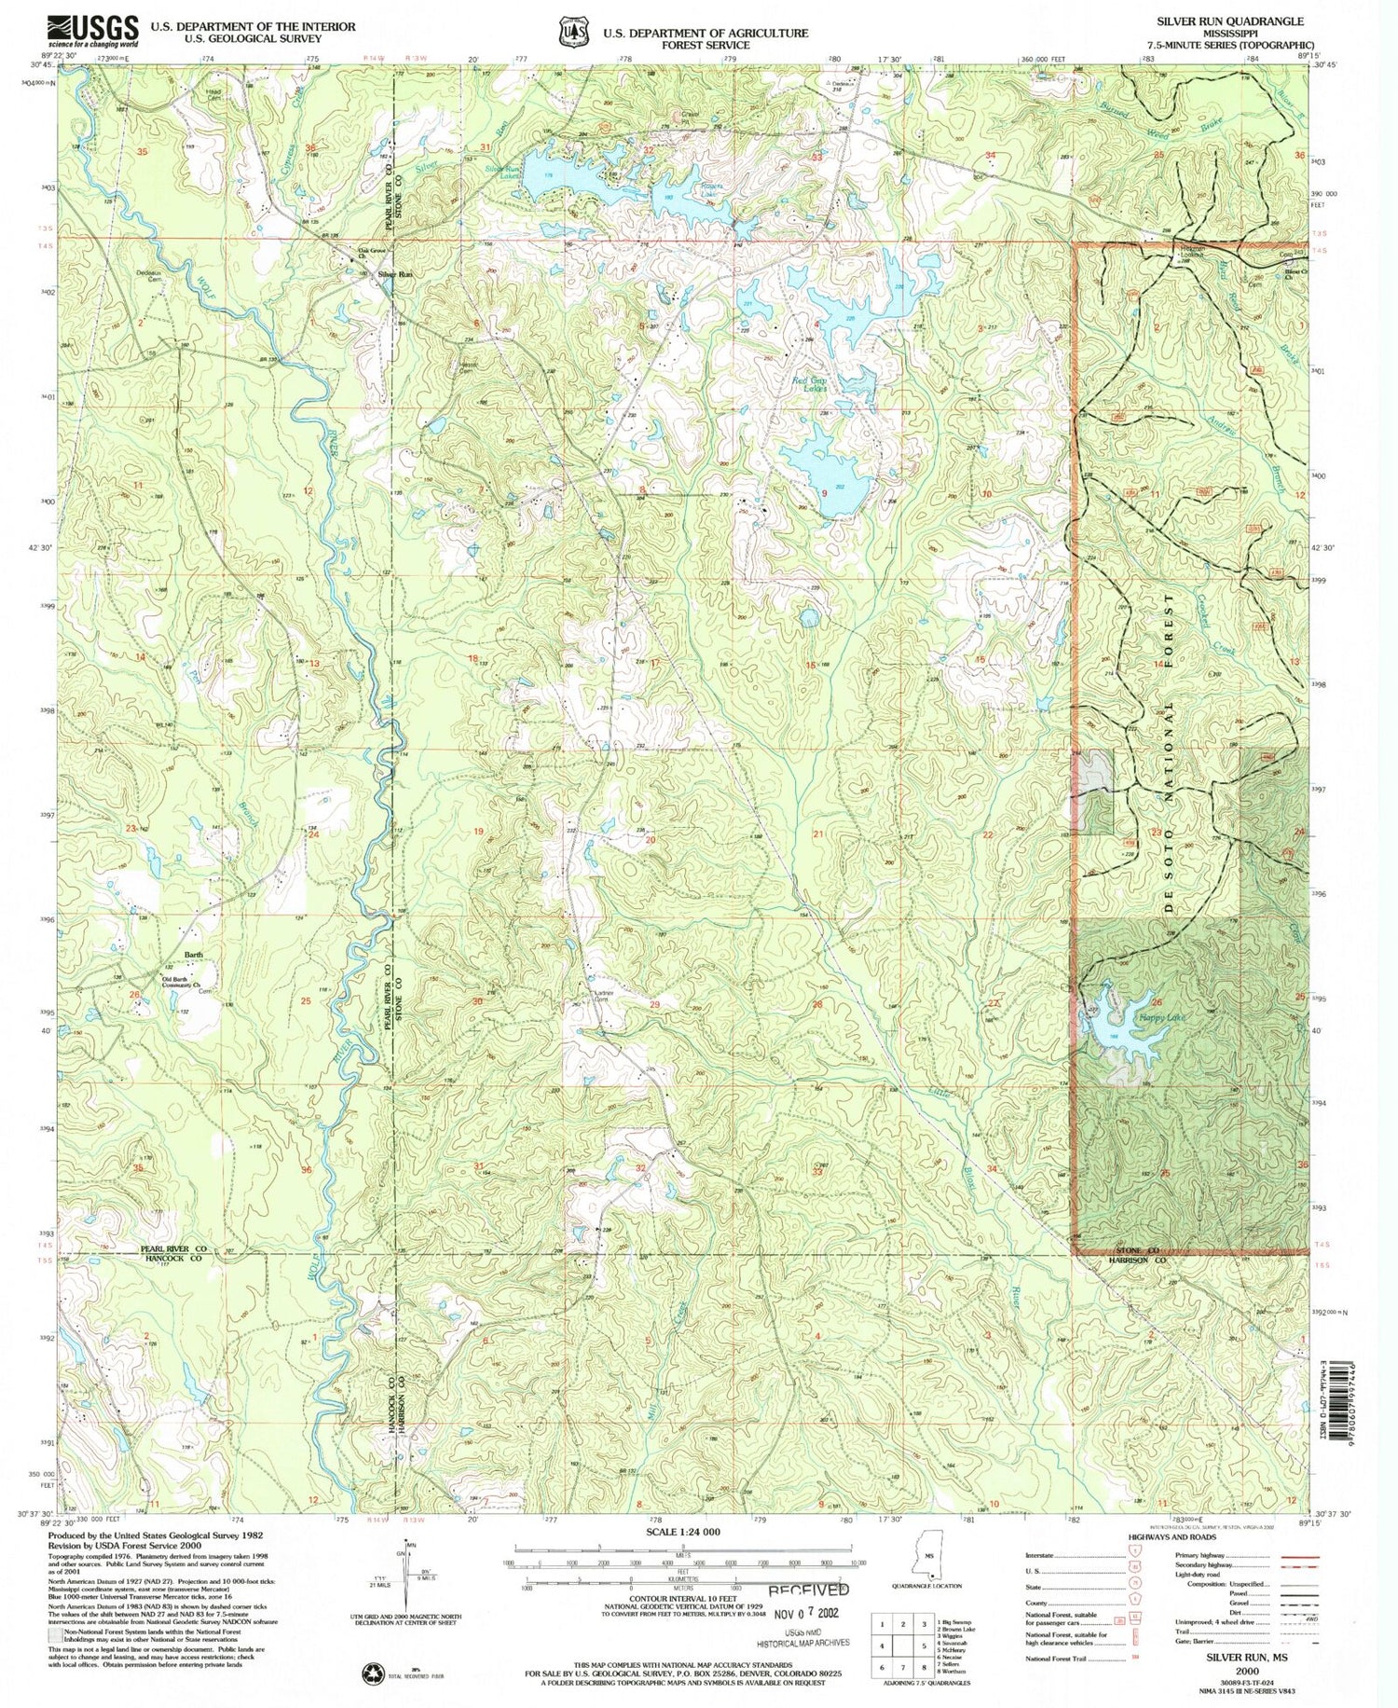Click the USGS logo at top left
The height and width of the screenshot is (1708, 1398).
93,30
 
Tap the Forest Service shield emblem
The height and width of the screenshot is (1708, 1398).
572,32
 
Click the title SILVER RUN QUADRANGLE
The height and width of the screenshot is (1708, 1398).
1230,21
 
